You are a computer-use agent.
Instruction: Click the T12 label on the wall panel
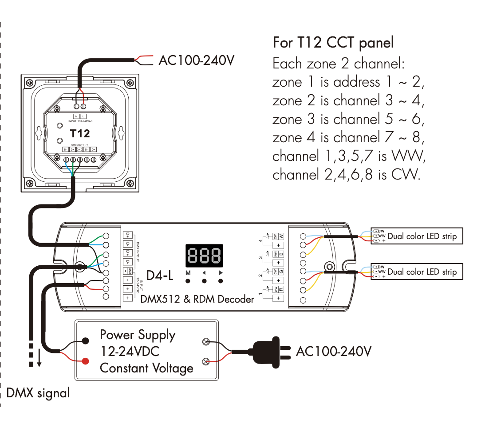coord(80,133)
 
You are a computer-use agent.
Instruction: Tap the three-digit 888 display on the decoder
coord(205,256)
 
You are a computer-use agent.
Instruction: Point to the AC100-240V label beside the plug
coord(333,351)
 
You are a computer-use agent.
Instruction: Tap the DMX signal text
coord(38,393)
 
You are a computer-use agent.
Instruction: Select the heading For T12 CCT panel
coord(333,43)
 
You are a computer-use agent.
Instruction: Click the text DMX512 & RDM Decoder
coord(197,299)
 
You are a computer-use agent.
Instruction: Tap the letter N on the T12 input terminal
coord(76,116)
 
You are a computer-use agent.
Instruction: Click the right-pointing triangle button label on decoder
coord(221,273)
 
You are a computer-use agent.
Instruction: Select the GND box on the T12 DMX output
coord(79,150)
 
